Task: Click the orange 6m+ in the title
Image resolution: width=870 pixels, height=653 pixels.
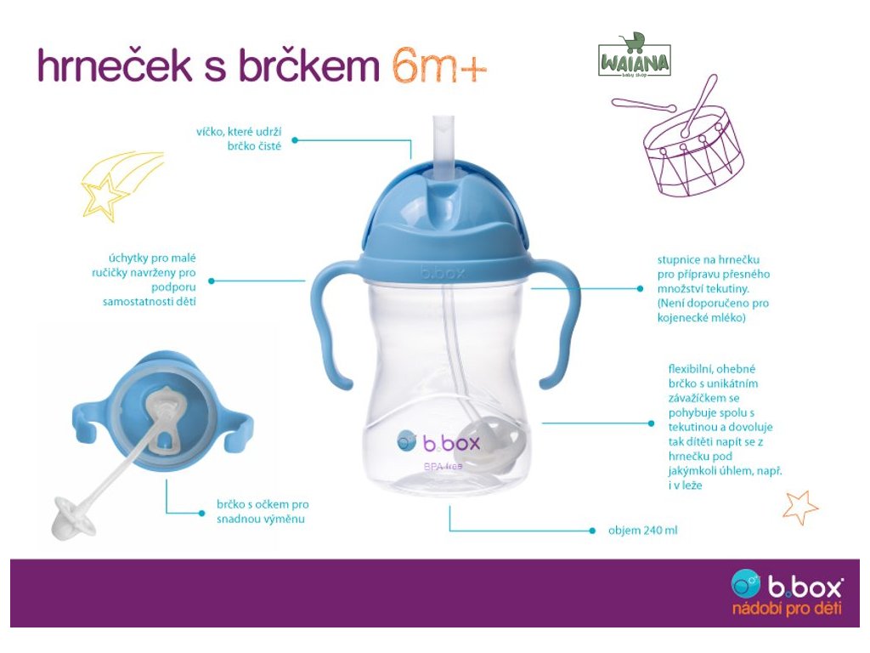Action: click(439, 65)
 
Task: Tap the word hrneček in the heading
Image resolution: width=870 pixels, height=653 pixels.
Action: click(115, 65)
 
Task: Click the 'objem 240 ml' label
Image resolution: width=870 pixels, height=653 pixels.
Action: click(642, 531)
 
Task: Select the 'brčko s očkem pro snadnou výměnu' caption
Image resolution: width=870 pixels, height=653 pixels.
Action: click(263, 511)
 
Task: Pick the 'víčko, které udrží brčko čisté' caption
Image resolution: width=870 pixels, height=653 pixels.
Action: click(239, 139)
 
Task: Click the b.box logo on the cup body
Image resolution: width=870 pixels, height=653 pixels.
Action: click(438, 442)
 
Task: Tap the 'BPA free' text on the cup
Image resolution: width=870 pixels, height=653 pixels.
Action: click(443, 467)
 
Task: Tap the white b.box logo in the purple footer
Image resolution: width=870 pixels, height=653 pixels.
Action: click(787, 585)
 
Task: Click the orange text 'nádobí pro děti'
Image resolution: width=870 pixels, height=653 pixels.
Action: click(787, 609)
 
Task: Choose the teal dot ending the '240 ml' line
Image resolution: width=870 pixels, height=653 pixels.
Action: click(592, 531)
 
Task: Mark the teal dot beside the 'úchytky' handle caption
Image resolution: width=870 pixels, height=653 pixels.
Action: click(211, 281)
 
